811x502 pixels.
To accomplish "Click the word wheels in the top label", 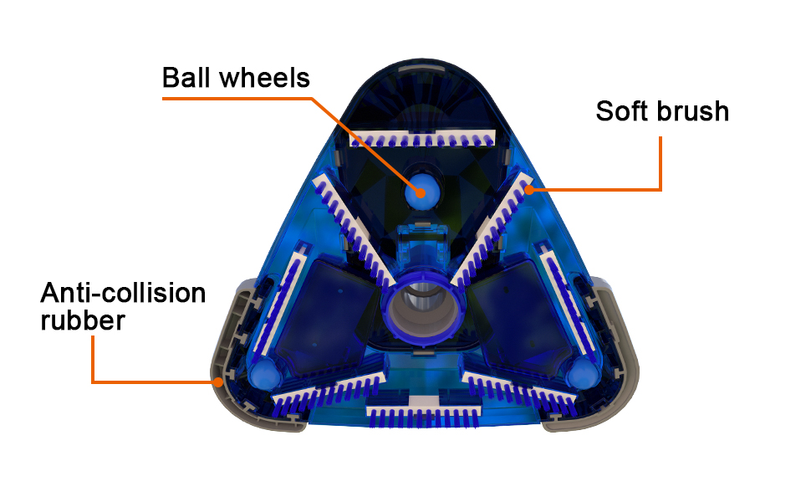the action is click(264, 78).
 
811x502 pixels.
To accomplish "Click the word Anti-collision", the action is click(123, 294).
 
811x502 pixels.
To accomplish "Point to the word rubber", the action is click(83, 320).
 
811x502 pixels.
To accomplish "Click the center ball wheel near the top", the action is click(418, 192).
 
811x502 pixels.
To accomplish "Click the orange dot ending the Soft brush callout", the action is click(529, 189).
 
